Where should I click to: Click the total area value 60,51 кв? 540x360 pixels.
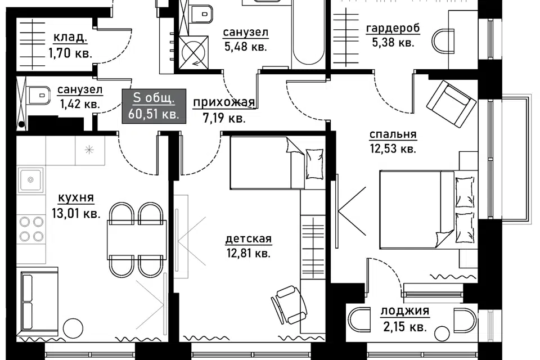click(154, 113)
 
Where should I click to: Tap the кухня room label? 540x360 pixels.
click(76, 198)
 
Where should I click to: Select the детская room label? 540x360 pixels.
click(249, 238)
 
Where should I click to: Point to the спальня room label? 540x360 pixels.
click(393, 134)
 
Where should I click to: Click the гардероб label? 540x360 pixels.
click(393, 28)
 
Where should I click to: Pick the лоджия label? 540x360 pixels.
click(405, 311)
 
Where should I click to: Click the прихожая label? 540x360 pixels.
click(224, 102)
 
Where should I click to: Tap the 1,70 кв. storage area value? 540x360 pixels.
click(70, 53)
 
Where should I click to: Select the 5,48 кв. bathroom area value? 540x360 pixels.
click(246, 47)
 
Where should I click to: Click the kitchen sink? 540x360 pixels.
click(30, 179)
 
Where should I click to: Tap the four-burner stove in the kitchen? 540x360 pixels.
click(31, 229)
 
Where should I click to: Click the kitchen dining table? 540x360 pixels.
click(137, 240)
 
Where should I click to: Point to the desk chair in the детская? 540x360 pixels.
click(289, 304)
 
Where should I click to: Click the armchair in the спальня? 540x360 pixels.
click(451, 104)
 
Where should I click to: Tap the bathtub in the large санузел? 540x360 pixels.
click(308, 33)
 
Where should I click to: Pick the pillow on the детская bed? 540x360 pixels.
click(314, 164)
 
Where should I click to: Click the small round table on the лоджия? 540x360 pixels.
click(442, 334)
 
